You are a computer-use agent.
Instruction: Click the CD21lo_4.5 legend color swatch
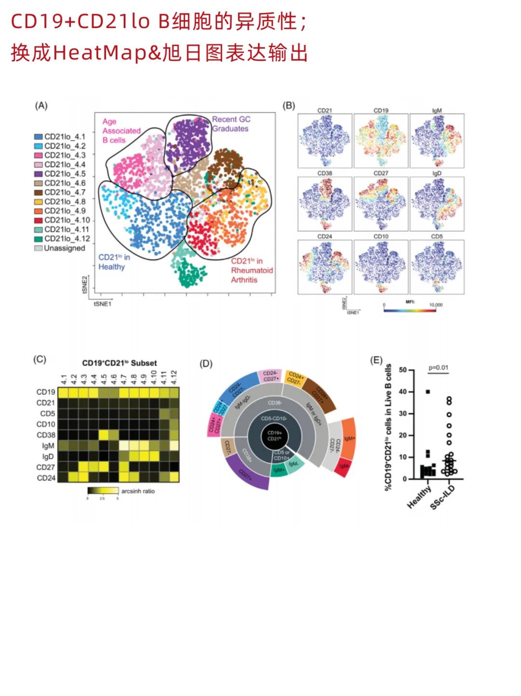[x=39, y=174]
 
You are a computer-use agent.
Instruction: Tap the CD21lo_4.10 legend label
[x=67, y=220]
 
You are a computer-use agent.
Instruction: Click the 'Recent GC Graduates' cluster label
[x=231, y=124]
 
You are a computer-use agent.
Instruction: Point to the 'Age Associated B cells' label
[x=121, y=131]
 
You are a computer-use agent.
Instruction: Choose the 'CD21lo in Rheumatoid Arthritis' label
[x=251, y=271]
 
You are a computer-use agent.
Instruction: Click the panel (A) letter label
[x=41, y=106]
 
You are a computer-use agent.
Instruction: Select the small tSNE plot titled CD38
[x=325, y=204]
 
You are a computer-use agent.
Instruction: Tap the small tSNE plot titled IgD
[x=437, y=204]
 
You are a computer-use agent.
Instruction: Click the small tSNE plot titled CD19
[x=381, y=141]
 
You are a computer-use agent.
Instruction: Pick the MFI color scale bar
[x=410, y=310]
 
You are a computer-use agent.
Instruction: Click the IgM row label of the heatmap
[x=48, y=446]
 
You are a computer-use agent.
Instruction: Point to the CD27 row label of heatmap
[x=46, y=467]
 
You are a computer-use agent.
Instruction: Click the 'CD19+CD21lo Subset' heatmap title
[x=119, y=363]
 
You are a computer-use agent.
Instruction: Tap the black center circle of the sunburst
[x=274, y=436]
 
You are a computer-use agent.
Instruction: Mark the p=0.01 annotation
[x=439, y=368]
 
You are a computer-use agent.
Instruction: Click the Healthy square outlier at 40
[x=427, y=392]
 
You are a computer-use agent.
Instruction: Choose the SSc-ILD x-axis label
[x=442, y=497]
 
